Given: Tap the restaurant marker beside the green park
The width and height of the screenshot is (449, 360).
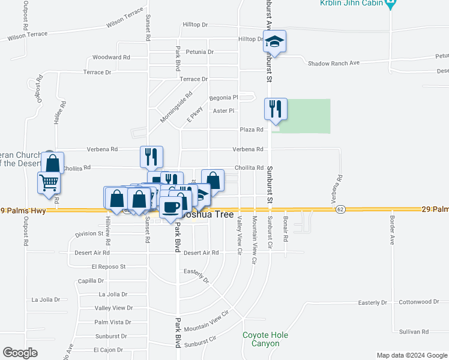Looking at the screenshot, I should [x=276, y=109].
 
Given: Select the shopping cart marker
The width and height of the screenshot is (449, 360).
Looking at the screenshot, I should [x=49, y=182].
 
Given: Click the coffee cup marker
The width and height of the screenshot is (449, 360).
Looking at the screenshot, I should [x=171, y=207].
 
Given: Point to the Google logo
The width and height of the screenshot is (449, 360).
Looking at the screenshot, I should [x=20, y=353].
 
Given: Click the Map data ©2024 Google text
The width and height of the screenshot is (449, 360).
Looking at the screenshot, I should [x=411, y=355].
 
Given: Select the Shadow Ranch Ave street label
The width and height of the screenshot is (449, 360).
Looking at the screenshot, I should [x=333, y=63].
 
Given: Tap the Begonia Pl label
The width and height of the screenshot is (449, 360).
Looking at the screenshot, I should [x=223, y=98].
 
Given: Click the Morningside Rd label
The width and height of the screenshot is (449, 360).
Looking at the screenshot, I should [x=176, y=107].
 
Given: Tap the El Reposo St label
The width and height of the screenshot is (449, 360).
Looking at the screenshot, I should [x=109, y=266].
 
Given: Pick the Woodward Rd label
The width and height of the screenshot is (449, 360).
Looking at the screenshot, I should [x=111, y=58].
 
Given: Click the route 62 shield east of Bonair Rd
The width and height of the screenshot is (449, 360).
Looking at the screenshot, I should [x=340, y=209].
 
